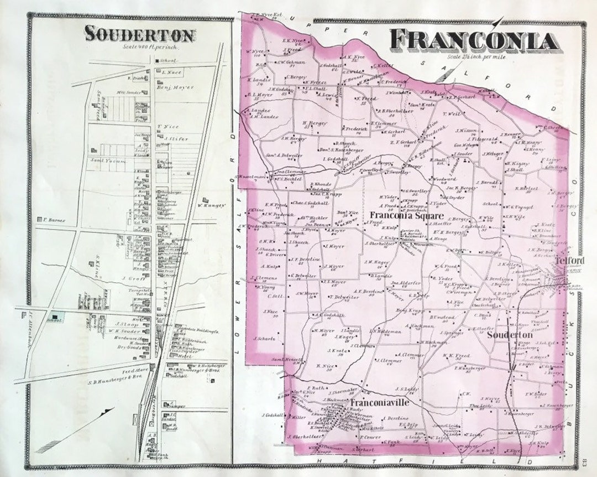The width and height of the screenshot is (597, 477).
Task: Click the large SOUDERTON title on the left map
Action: point(140,34)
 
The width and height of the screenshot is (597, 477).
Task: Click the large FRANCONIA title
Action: point(473,41)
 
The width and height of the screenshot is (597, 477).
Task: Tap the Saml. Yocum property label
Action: point(109,160)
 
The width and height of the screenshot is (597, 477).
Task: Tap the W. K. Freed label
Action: point(455,355)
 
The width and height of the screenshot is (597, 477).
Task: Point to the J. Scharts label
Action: point(264,339)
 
